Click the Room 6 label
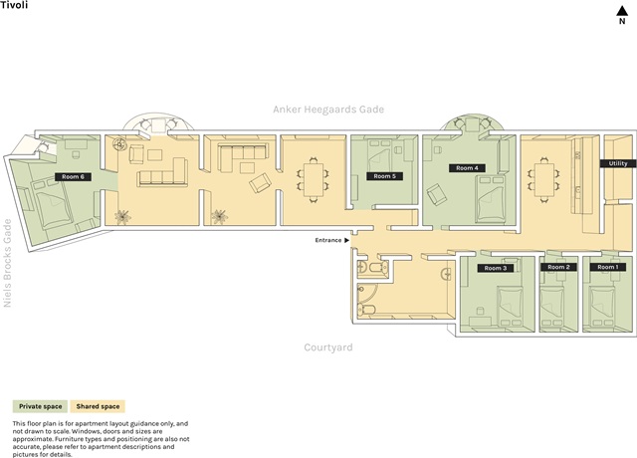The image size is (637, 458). coord(73,177)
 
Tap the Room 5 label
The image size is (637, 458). coord(384,176)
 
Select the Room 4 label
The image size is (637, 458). coord(467,168)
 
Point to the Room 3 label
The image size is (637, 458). coord(496,268)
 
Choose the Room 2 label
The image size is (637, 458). coord(558,267)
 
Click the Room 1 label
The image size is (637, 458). coord(608,267)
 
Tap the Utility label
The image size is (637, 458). coord(618,163)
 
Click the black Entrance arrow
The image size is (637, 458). coord(346,240)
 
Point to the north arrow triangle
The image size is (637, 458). coord(622,11)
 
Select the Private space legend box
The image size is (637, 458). coord(40,406)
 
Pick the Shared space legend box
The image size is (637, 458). coord(98,406)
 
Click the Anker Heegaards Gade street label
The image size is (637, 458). coord(328,110)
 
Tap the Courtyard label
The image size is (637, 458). coord(328,347)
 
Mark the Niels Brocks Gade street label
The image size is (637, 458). coord(7,263)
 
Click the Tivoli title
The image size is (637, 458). coord(14,5)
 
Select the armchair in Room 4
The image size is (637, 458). coord(436,194)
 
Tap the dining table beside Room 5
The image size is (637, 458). coord(314,179)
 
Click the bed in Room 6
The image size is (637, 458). coord(52,204)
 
